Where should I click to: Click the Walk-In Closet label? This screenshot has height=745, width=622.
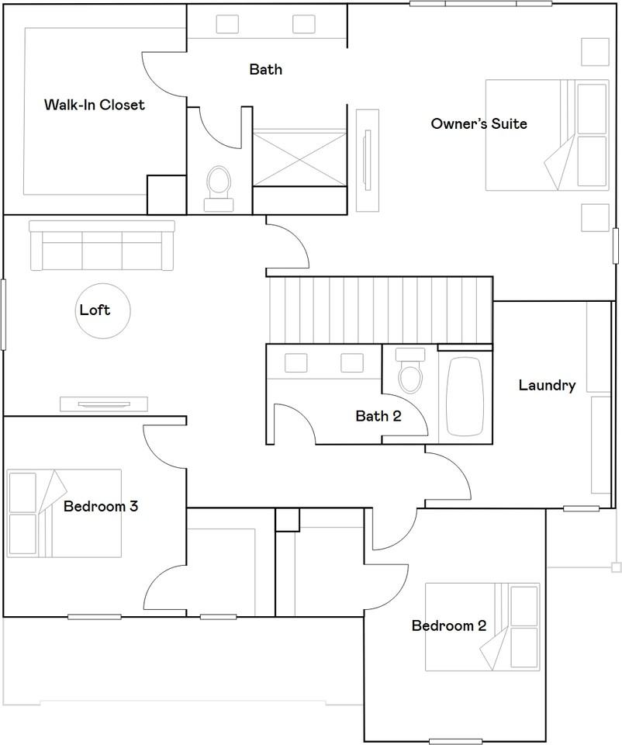point(94,104)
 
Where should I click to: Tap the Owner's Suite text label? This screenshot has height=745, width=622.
point(479,123)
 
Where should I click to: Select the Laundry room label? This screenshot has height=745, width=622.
point(547,385)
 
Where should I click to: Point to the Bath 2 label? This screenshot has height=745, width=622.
point(378,417)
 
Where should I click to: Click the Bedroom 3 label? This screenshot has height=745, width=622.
point(101,507)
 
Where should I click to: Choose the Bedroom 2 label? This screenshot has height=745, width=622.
point(449,625)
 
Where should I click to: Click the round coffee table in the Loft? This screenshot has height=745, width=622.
point(103,310)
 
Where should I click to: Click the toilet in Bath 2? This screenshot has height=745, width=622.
point(409,374)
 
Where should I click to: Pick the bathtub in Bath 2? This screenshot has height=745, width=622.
point(465,397)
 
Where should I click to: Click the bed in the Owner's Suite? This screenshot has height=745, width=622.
point(535,135)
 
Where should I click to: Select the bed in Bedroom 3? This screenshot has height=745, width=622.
point(64,513)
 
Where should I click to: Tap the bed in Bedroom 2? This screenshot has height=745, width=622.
point(482,627)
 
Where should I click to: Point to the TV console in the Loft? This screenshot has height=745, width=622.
point(104,404)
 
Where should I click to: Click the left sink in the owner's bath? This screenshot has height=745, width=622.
point(227,24)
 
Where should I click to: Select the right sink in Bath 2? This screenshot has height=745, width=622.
point(352,362)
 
